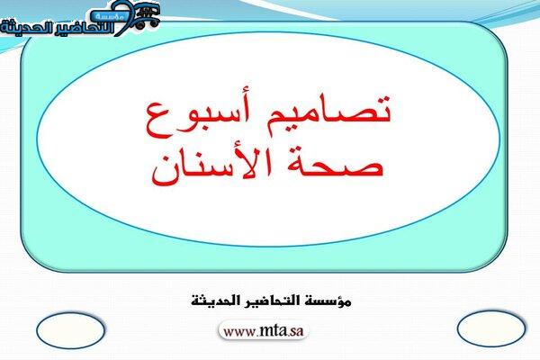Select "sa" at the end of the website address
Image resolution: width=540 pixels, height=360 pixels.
pyautogui.click(x=297, y=332)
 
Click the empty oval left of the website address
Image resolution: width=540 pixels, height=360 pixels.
pyautogui.click(x=70, y=330)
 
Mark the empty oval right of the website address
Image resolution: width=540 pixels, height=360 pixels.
pyautogui.click(x=491, y=328)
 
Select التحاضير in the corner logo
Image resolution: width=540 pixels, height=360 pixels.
pyautogui.click(x=76, y=28)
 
